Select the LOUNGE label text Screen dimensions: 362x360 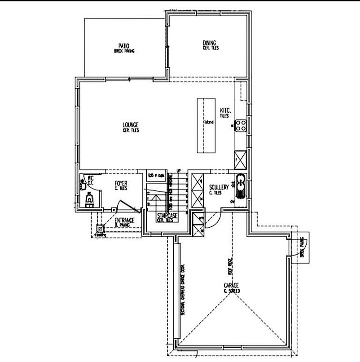(x=131, y=125)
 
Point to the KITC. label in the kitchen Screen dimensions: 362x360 (x=225, y=110)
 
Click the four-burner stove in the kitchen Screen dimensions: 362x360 (x=241, y=125)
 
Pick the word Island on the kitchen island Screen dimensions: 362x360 (x=207, y=122)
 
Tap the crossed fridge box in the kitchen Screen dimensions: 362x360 (x=240, y=159)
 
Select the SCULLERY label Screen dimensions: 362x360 (x=219, y=187)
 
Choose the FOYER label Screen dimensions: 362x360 (x=121, y=183)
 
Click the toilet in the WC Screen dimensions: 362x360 (x=89, y=199)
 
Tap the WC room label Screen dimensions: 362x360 (x=90, y=178)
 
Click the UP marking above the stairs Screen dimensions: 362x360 (x=179, y=171)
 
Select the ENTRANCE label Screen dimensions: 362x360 (x=124, y=221)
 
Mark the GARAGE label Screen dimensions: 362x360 (x=232, y=286)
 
